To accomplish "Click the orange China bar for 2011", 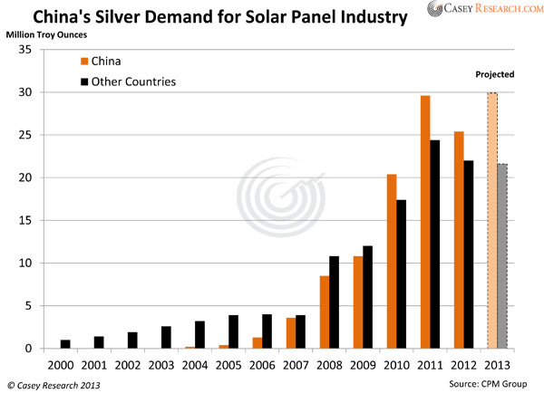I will tap(426, 222).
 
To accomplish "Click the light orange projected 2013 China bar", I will tap(491, 221).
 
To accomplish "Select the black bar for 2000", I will tap(64, 344).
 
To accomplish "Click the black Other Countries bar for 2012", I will tap(468, 254).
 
